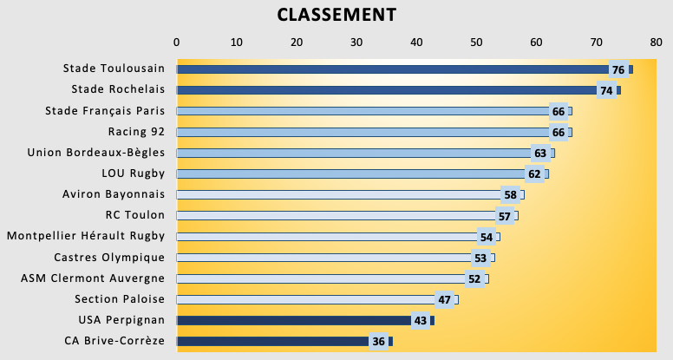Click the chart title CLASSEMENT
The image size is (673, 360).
coord(336,15)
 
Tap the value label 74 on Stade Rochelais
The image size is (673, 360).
coord(606,90)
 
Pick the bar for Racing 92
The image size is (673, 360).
coord(364,132)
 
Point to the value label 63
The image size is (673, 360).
coord(540,154)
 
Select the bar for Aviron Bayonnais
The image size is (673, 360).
coord(338,194)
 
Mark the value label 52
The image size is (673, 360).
coord(474,278)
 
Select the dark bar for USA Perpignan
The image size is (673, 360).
coord(295,320)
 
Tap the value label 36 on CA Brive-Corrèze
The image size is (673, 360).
coord(378,342)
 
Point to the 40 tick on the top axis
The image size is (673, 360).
coord(416,42)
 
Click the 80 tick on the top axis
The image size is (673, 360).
coord(656,42)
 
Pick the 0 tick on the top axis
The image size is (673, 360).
coord(177,42)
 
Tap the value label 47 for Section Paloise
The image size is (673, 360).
coord(444,300)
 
